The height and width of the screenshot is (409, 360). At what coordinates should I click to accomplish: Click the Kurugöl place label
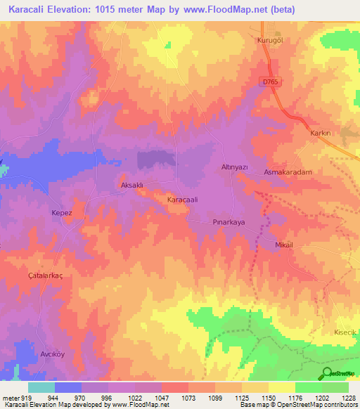click(269, 41)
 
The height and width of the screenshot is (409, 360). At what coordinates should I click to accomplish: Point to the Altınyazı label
click(233, 167)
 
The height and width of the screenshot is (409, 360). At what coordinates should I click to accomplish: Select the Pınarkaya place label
click(229, 221)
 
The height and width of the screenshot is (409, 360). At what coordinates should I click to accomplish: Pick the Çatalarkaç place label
click(45, 276)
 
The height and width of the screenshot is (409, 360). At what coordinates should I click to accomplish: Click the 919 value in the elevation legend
click(25, 397)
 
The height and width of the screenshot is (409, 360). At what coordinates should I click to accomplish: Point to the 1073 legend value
click(188, 397)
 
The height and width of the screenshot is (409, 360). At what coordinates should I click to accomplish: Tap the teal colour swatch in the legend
click(41, 387)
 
